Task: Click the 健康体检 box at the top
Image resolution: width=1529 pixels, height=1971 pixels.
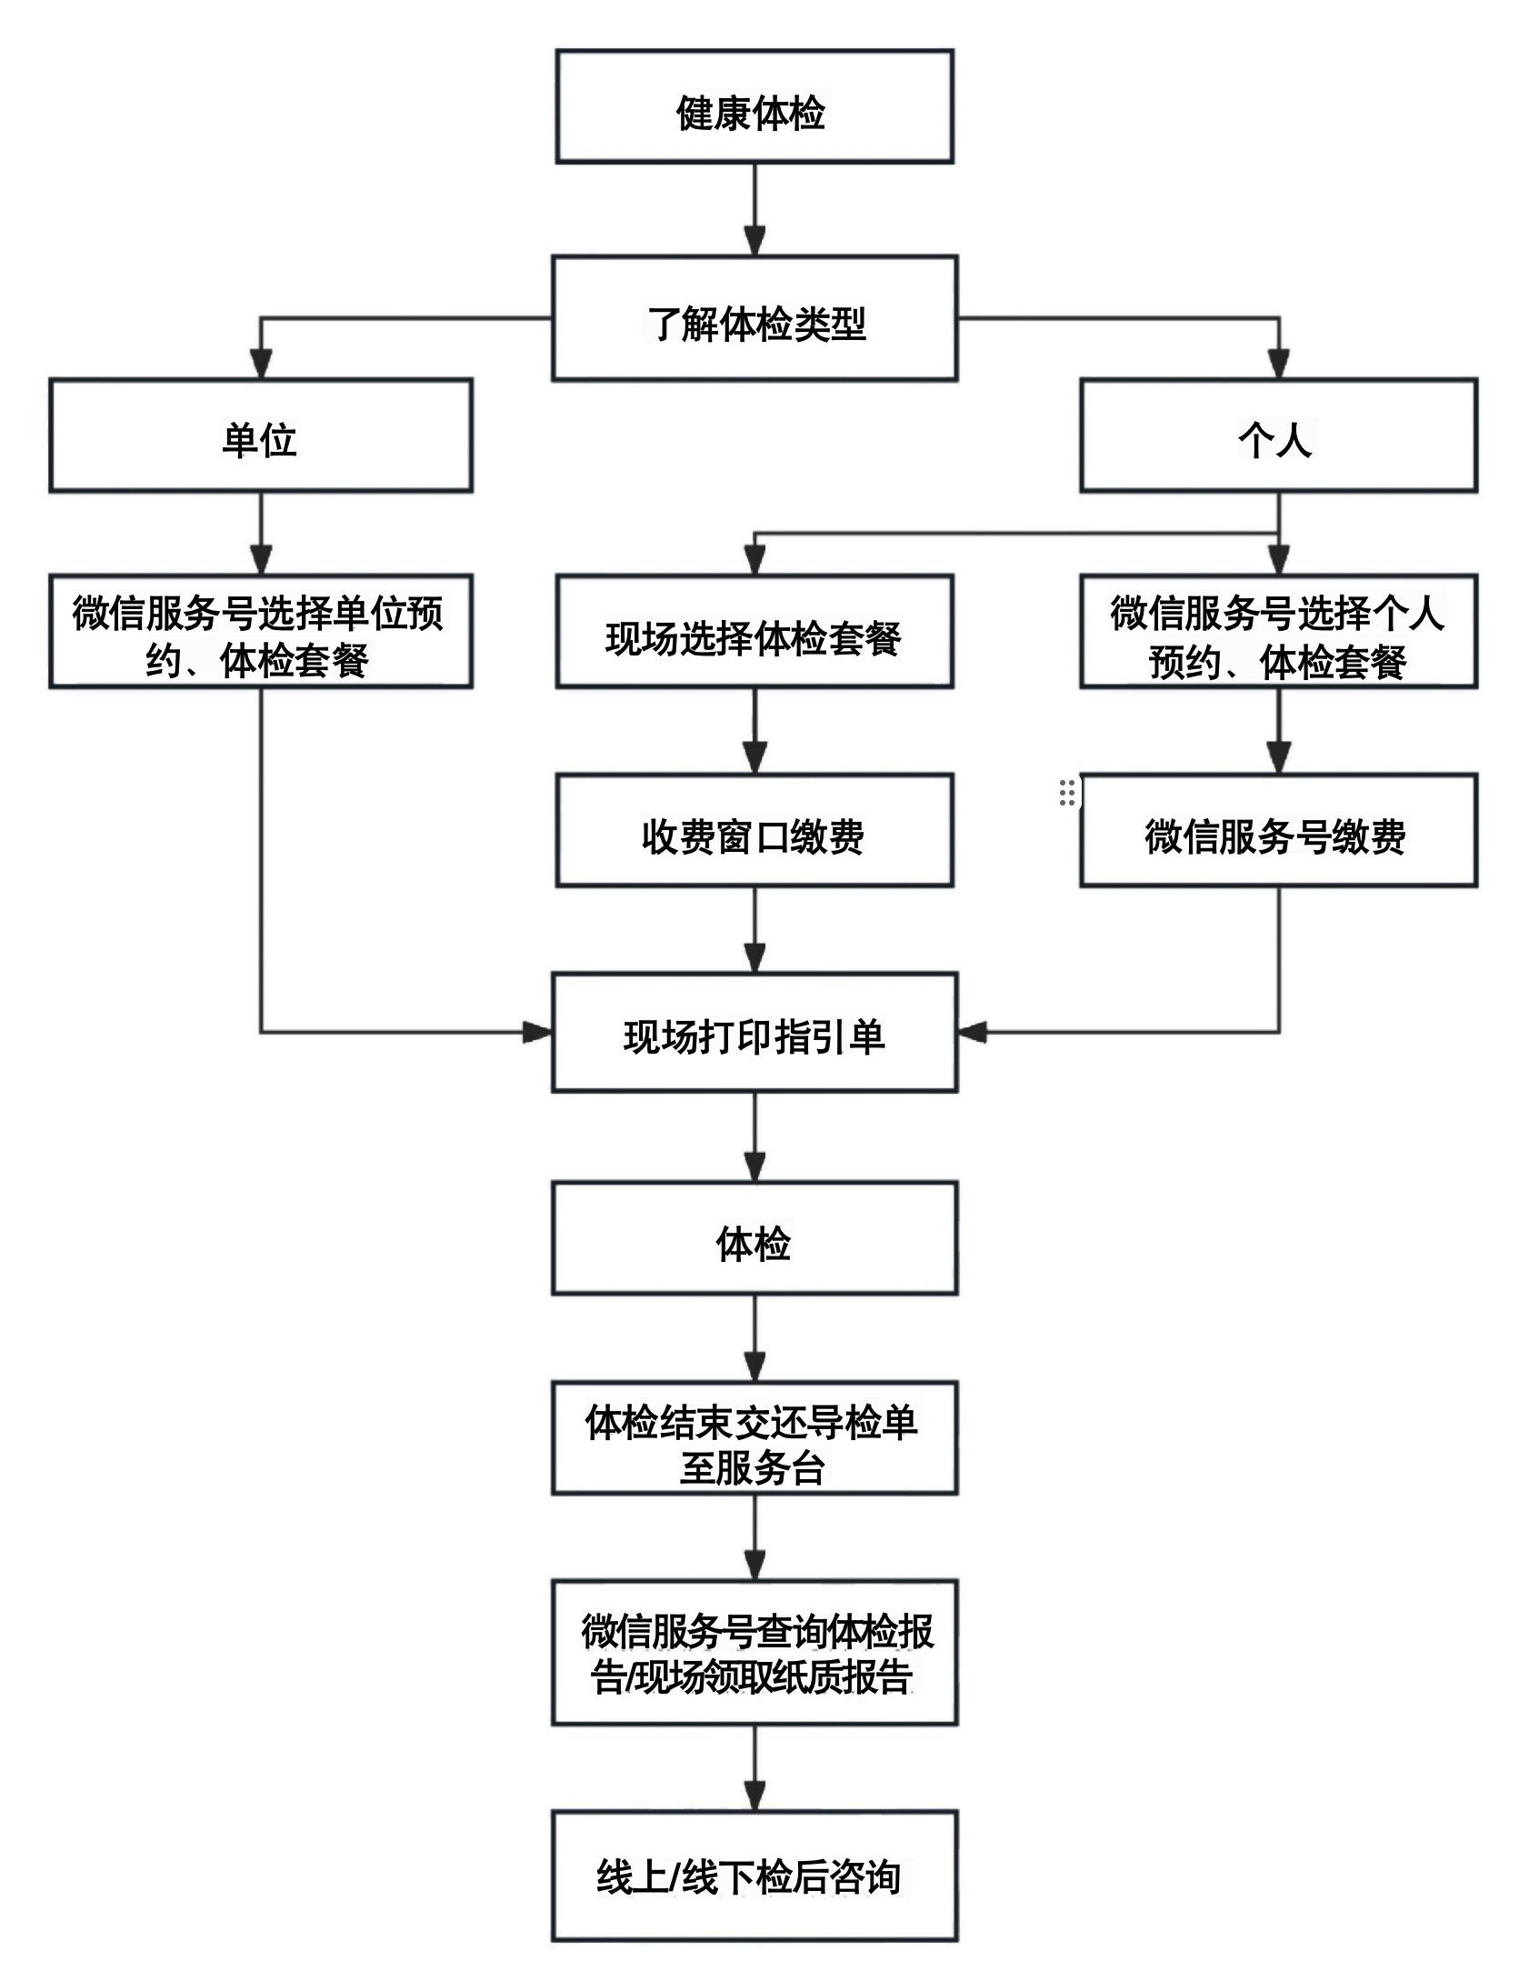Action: pos(754,107)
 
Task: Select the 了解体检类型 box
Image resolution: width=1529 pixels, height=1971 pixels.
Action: pos(754,318)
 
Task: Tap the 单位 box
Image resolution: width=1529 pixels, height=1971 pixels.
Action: pos(261,435)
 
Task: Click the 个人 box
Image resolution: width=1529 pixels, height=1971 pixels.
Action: pos(1277,435)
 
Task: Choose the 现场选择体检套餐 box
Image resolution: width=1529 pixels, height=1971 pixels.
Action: pos(754,631)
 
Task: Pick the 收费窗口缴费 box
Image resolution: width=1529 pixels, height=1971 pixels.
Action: pos(754,830)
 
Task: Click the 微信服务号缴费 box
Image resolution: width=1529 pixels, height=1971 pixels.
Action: pos(1277,830)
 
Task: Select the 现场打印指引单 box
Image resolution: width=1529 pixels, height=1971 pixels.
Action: pos(754,1032)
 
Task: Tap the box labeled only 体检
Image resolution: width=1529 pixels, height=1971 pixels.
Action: pos(754,1238)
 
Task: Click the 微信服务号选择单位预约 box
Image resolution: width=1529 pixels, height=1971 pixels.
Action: pos(261,631)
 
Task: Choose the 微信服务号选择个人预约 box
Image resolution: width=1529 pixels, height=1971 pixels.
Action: pos(1277,631)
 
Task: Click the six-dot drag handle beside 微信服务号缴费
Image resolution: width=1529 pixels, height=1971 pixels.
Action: pos(1067,793)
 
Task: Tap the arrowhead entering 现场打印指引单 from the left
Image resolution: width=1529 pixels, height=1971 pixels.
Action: pos(538,1032)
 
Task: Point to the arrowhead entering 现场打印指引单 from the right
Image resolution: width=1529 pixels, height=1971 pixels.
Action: pos(973,1032)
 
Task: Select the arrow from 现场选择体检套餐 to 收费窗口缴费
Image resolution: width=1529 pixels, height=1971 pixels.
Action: pos(755,732)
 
